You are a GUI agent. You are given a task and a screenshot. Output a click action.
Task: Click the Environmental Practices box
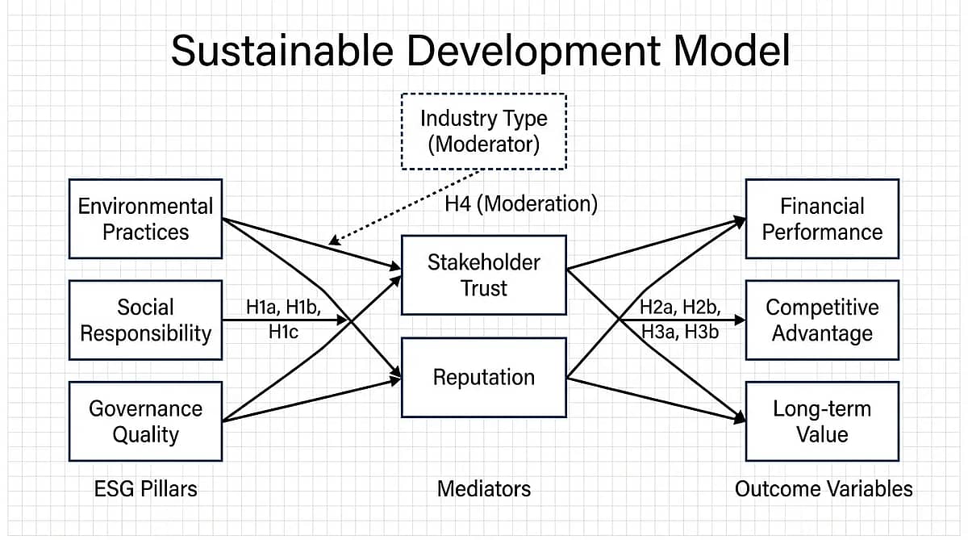click(x=145, y=219)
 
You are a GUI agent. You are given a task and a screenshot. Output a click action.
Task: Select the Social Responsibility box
click(x=145, y=320)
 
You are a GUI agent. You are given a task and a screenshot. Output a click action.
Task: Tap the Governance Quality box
click(x=145, y=421)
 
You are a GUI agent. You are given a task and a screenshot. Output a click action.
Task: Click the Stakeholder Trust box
click(x=483, y=275)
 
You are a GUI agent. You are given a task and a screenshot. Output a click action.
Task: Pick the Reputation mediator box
click(x=483, y=377)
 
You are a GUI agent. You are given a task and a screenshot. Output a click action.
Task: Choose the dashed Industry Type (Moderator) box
click(x=483, y=131)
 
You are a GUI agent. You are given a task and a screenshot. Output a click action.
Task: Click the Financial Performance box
click(x=821, y=219)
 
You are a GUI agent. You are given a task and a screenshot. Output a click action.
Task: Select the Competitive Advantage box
click(x=821, y=320)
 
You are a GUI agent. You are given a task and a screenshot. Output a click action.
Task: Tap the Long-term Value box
click(x=821, y=421)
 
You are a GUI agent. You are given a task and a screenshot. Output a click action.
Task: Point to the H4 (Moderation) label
click(x=521, y=204)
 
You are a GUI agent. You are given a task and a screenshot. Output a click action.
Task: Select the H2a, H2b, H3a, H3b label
click(x=679, y=319)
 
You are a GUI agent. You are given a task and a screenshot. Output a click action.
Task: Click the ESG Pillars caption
click(x=145, y=488)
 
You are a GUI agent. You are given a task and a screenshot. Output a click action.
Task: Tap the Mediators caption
click(x=484, y=488)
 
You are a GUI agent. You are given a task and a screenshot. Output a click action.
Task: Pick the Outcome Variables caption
click(x=824, y=488)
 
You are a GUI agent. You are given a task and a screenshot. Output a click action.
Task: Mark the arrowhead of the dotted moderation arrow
click(x=333, y=241)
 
